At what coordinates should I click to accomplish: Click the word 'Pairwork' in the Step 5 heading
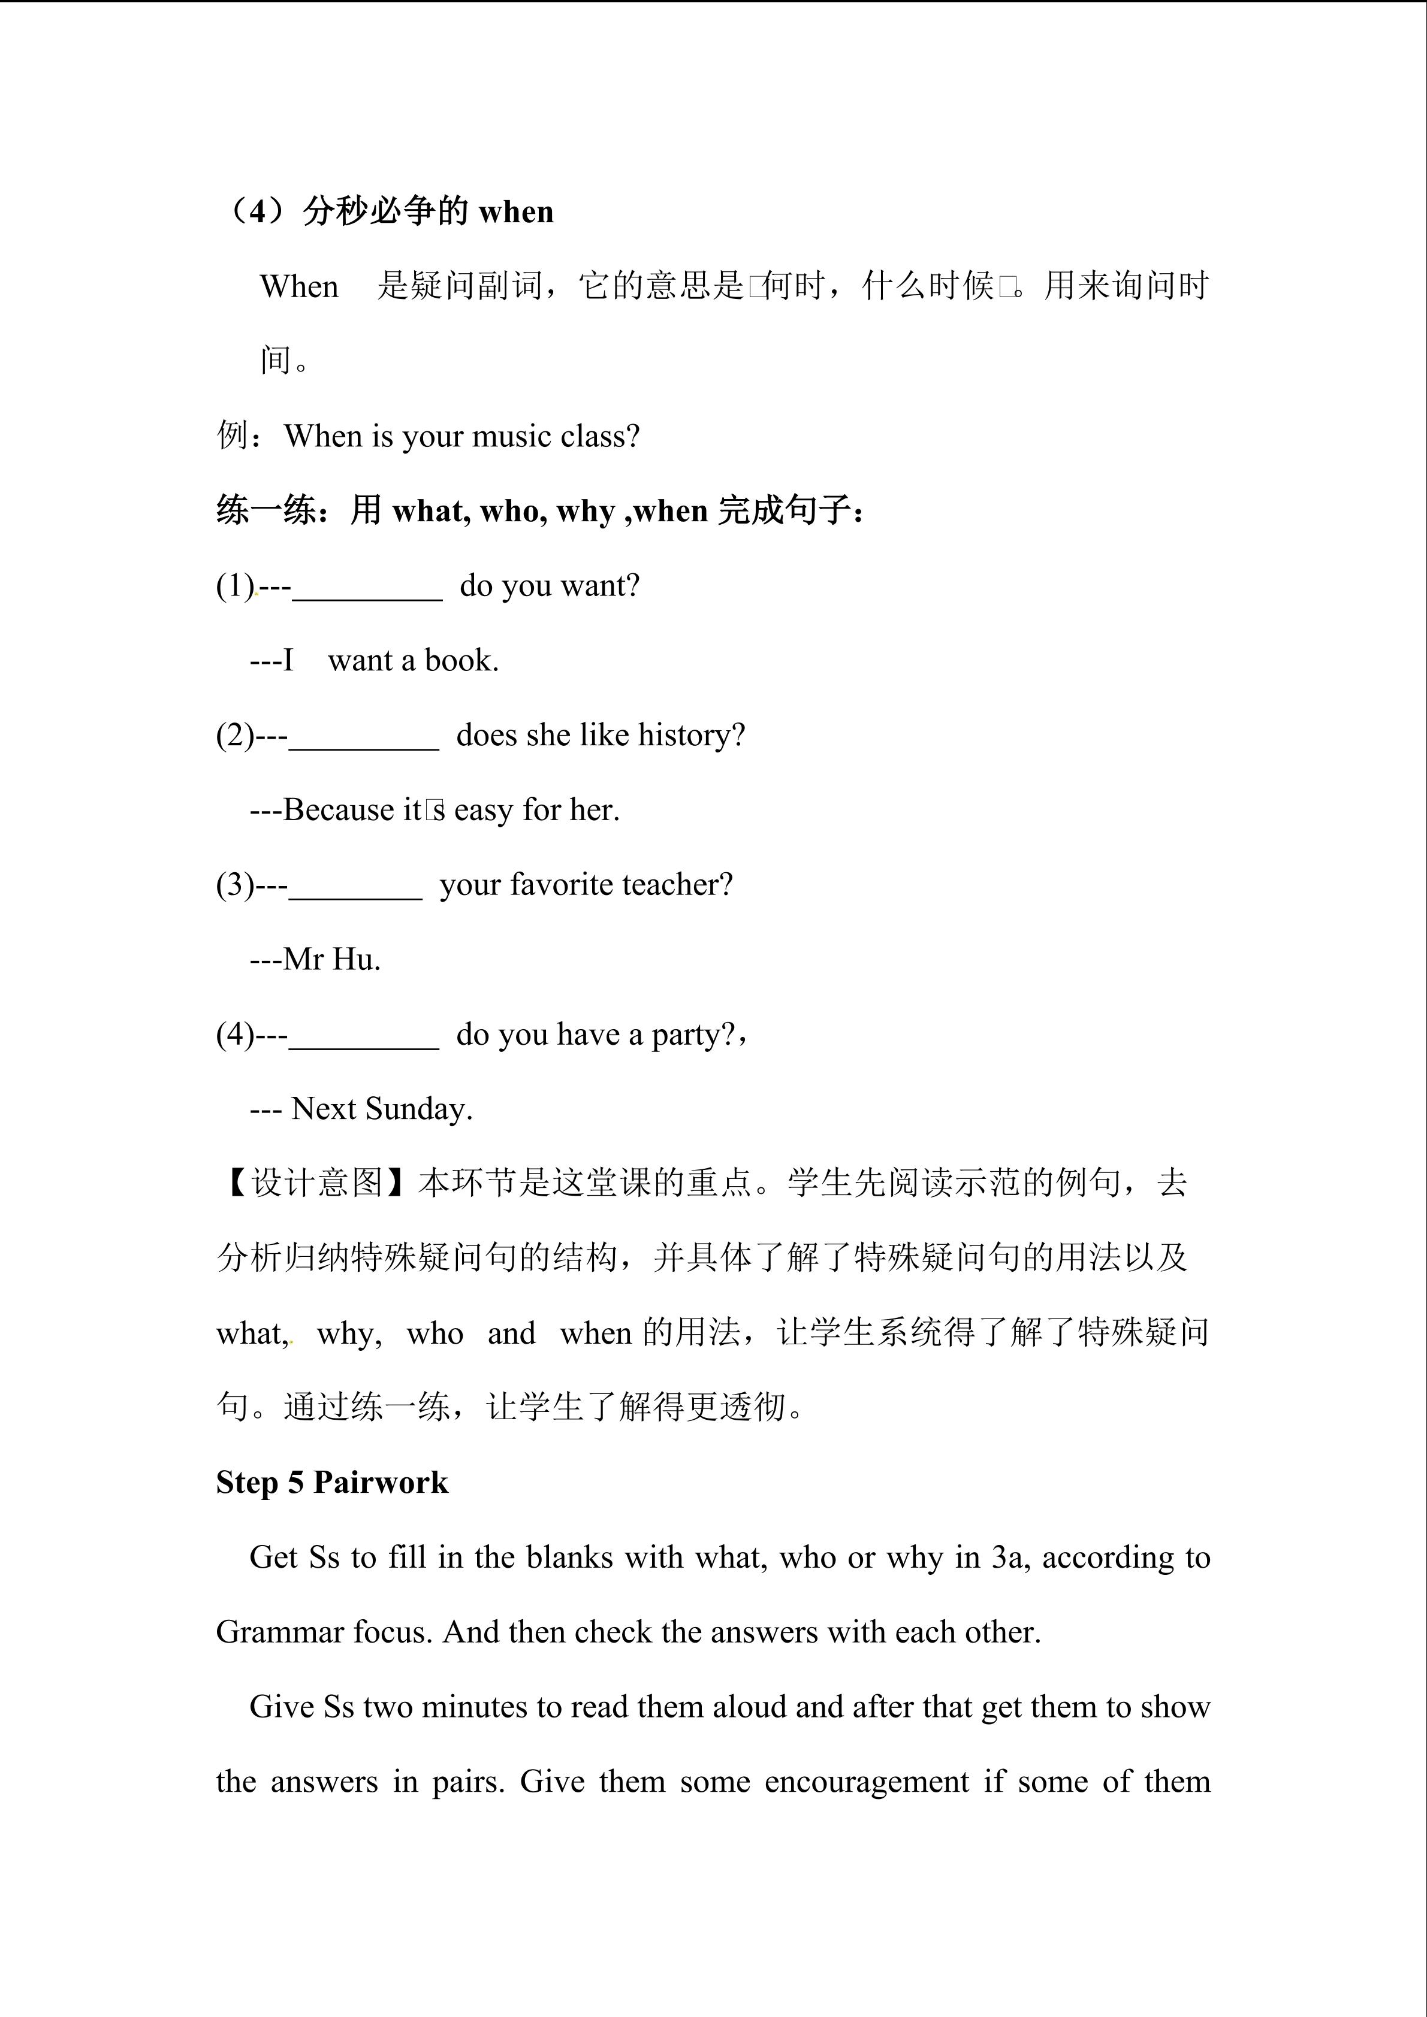coord(381,1483)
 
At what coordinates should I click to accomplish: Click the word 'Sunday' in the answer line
coord(418,1109)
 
